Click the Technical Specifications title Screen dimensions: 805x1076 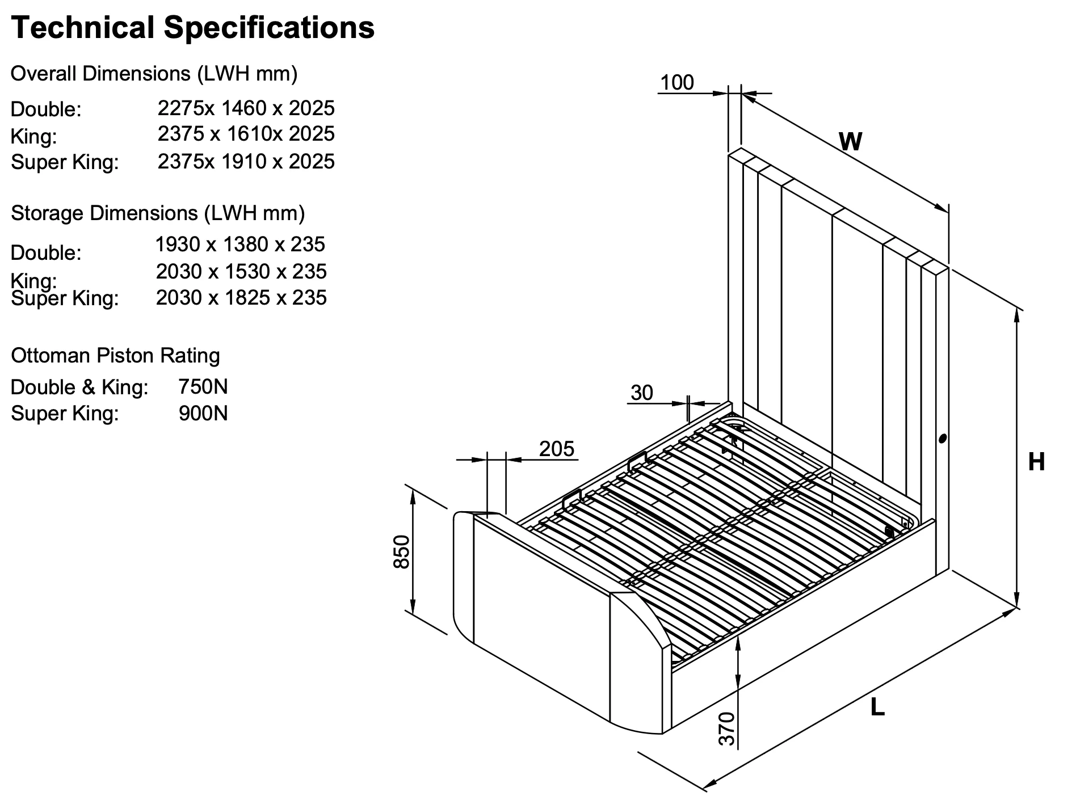coord(192,27)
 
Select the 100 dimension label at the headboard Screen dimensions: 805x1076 coord(677,83)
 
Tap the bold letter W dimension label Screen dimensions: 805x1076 coord(850,141)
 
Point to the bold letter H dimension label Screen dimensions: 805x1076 coord(1036,462)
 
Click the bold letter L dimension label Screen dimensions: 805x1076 coord(877,707)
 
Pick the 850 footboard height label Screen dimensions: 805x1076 coord(402,551)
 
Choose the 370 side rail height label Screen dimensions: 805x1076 coord(727,728)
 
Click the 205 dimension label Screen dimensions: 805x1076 coord(557,449)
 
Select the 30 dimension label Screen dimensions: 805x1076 coord(642,393)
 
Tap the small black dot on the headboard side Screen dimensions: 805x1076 coord(943,439)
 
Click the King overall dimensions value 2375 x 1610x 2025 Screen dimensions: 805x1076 coord(246,134)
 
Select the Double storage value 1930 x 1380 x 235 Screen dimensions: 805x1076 coord(240,245)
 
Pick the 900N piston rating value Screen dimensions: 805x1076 coord(203,414)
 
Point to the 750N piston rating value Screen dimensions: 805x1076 coord(203,387)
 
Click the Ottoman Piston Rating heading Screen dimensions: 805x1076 coord(115,356)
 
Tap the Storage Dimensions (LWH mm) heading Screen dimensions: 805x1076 coord(158,213)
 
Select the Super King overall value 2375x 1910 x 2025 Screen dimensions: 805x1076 coord(246,162)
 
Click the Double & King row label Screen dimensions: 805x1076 coord(79,387)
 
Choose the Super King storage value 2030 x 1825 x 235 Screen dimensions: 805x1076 coord(241,298)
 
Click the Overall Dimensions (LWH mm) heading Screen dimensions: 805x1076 coord(154,74)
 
